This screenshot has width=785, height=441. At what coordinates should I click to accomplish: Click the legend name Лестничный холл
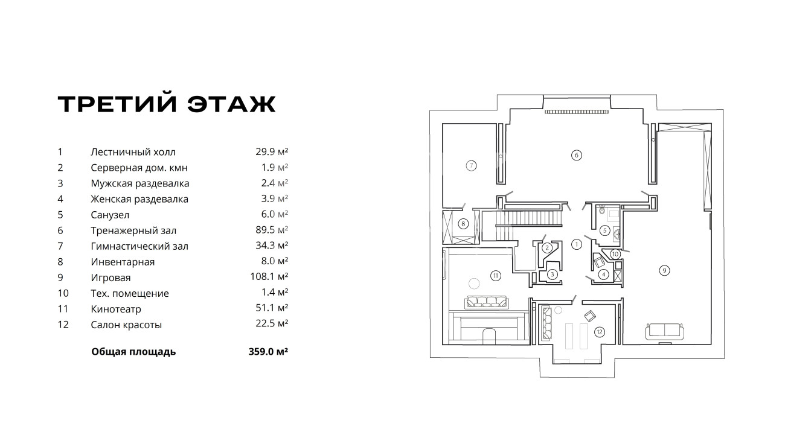133,152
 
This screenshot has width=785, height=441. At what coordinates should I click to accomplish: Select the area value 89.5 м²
271,230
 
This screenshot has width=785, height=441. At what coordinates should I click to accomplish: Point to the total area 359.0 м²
263,352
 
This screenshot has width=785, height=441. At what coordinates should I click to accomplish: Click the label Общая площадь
133,352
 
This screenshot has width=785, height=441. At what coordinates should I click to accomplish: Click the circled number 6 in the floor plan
576,155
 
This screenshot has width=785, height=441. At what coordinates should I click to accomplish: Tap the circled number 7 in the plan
472,165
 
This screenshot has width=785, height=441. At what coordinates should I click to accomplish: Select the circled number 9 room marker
664,270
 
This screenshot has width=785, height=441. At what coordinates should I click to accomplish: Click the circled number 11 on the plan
495,276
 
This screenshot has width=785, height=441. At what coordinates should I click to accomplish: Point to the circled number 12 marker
599,331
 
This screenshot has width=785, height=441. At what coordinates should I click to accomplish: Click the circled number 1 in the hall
576,244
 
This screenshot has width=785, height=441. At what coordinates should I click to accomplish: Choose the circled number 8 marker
463,224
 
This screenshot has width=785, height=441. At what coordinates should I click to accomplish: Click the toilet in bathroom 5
602,212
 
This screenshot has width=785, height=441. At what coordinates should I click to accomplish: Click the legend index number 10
62,293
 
